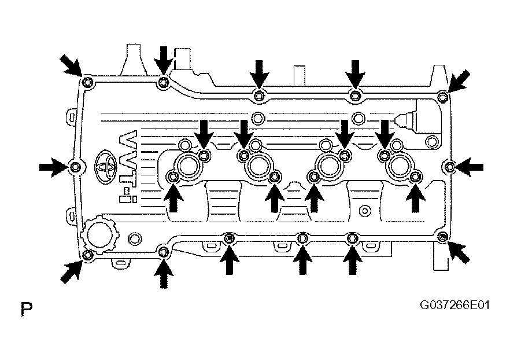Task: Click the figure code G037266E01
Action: (x=454, y=306)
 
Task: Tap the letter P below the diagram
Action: (x=27, y=309)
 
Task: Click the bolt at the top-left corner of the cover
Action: (x=87, y=82)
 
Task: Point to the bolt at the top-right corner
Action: (x=442, y=97)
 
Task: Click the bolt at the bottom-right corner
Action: (x=442, y=237)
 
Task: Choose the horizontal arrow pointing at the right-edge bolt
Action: (x=469, y=167)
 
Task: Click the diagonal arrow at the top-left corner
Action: (x=71, y=66)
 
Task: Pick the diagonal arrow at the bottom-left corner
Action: (x=71, y=271)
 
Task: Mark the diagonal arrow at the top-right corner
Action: (x=459, y=80)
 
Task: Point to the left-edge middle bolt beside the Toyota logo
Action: (x=75, y=167)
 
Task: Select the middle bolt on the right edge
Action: (x=449, y=167)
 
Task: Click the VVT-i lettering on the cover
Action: (x=128, y=166)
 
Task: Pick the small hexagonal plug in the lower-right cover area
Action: (x=365, y=211)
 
